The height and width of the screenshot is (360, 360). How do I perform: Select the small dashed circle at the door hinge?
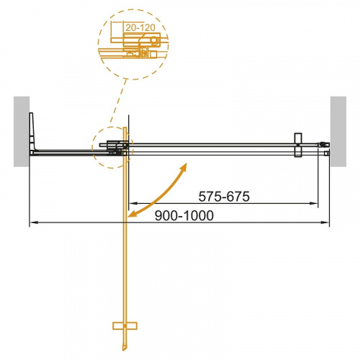pos(110,147)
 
